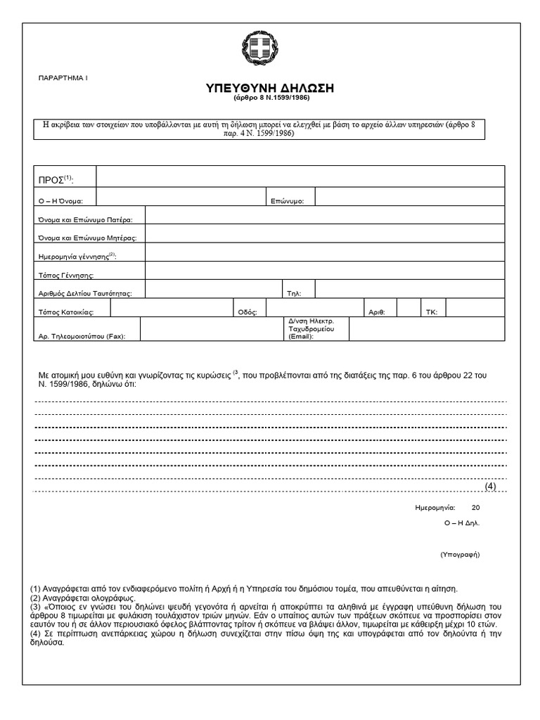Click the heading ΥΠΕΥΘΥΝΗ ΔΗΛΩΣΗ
point(269,88)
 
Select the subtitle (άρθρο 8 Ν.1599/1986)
point(269,100)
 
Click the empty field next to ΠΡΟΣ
point(300,177)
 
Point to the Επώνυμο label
point(287,201)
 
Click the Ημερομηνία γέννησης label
point(77,257)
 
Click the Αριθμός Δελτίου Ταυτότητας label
point(85,293)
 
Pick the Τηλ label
point(293,293)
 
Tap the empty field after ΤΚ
point(475,308)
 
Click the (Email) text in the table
point(301,337)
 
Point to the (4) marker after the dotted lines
point(490,487)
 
